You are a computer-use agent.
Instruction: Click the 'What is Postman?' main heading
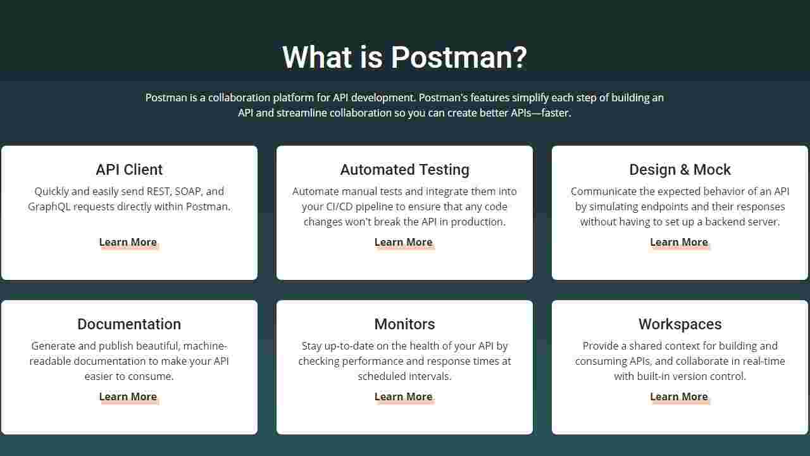404,57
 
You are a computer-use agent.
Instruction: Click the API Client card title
129,170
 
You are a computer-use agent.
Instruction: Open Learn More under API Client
128,242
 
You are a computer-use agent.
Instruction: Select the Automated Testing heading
404,170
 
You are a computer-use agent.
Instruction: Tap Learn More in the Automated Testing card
403,242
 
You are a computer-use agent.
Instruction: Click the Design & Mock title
680,170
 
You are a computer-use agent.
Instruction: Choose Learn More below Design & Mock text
678,242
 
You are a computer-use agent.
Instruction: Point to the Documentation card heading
129,324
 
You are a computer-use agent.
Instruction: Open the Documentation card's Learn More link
128,396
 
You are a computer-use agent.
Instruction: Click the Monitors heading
404,324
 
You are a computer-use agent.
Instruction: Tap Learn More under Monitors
403,396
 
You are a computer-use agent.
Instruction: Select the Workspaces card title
680,324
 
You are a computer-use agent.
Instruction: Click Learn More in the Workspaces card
678,396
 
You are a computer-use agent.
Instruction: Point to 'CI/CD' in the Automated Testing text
342,206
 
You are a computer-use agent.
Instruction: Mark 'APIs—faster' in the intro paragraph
540,113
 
